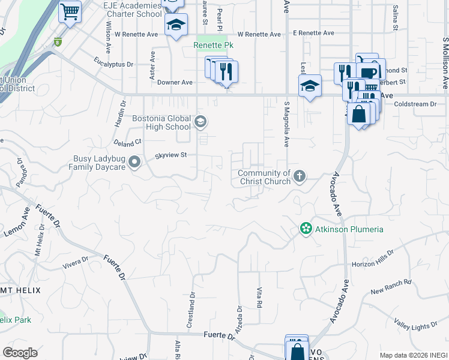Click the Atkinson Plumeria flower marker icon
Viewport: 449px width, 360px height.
[306, 229]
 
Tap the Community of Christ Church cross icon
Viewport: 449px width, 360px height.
[300, 176]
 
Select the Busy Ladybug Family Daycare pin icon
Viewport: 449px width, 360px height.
[134, 161]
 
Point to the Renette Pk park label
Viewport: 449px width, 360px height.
[212, 46]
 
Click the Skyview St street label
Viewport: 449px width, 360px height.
[172, 155]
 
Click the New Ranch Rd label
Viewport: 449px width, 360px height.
[391, 287]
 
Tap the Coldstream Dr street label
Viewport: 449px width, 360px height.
[415, 104]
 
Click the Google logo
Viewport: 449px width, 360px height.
[20, 353]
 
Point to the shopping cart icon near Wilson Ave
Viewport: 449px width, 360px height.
[70, 11]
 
